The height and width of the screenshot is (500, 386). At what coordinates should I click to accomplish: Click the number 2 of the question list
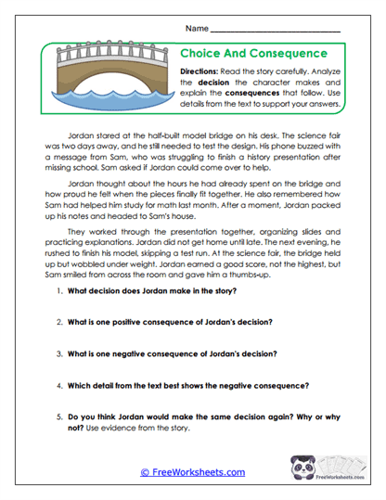[58, 322]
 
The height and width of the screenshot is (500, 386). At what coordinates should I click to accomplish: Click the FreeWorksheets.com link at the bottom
[192, 472]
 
